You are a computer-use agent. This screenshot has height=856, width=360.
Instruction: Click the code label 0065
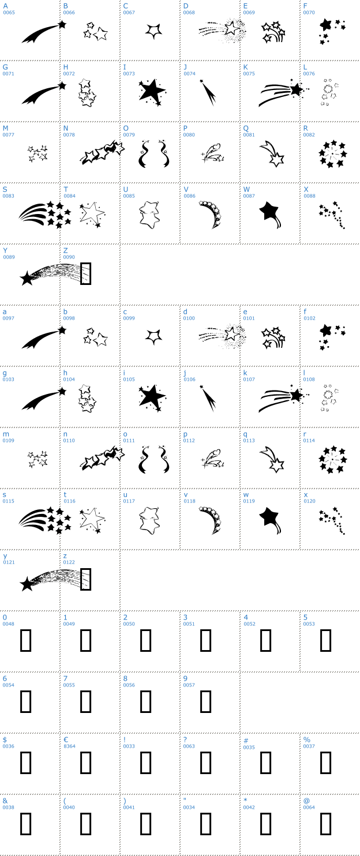pos(9,13)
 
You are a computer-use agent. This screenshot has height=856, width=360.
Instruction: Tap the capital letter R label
pos(306,129)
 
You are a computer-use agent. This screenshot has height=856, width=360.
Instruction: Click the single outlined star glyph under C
pos(153,31)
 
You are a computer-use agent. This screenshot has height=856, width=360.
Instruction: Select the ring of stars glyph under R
pos(333,154)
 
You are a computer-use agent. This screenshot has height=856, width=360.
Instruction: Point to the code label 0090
pos(69,257)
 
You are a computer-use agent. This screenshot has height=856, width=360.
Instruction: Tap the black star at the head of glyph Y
pos(27,278)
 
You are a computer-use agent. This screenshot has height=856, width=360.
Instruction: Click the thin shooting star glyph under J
pos(208,92)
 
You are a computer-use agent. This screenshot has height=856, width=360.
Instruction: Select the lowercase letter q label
pos(245,434)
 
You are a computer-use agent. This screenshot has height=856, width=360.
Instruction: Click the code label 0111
pos(129,441)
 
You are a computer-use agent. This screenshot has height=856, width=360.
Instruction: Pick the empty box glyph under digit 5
pos(325,640)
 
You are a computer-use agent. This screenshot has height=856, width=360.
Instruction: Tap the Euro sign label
pos(66,740)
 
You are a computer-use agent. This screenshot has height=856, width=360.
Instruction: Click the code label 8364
pos(69,746)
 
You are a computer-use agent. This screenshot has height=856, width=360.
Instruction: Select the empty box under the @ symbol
pos(325,824)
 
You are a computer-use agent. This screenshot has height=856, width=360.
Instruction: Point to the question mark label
pos(185,740)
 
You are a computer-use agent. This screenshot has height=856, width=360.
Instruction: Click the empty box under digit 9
pos(205,701)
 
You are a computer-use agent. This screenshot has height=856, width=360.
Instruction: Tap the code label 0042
pos(249,808)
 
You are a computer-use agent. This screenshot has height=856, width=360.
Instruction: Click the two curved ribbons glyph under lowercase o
pos(153,459)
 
